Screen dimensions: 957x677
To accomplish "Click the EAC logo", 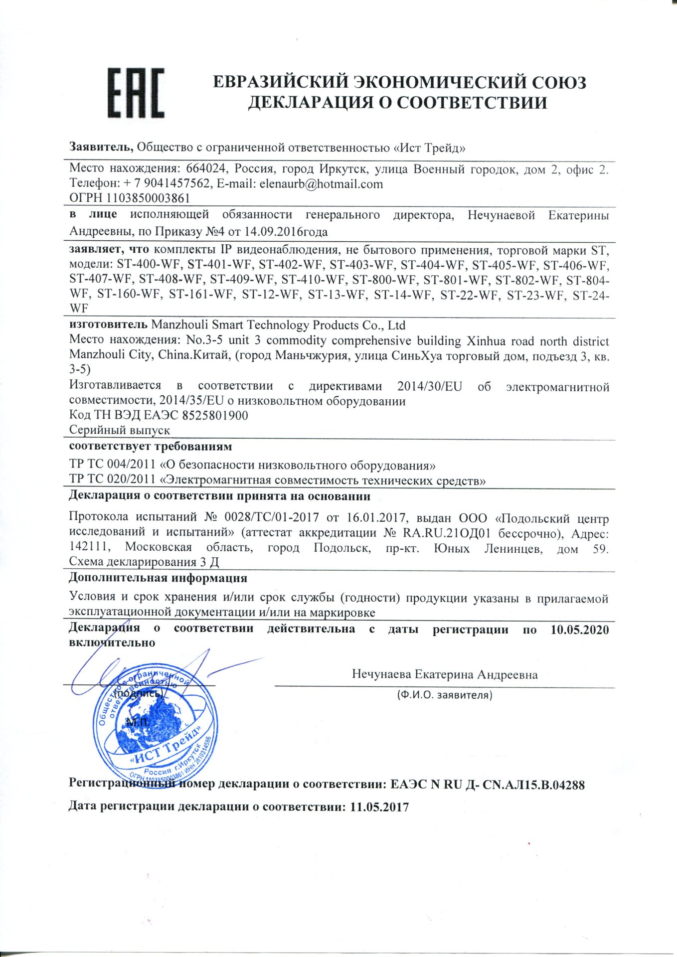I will [x=136, y=93].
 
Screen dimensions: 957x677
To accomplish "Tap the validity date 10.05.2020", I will [x=579, y=630].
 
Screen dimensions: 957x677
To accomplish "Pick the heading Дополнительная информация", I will [x=158, y=578].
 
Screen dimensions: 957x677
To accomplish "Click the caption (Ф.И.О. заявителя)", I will [x=444, y=695].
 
